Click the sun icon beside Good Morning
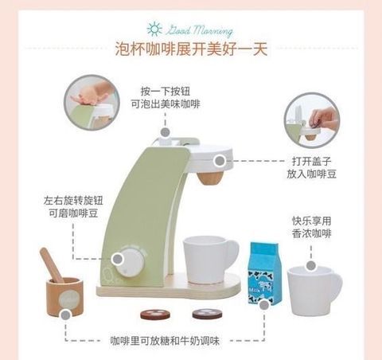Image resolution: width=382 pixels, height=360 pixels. [x=154, y=29]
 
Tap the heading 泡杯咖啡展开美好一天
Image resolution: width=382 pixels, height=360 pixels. [x=191, y=49]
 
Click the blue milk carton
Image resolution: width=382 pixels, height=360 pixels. [x=264, y=272]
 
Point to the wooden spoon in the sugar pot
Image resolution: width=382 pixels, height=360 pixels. [x=51, y=264]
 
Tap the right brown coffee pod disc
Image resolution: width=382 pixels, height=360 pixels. [x=207, y=314]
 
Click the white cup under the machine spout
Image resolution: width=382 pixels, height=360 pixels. [x=210, y=260]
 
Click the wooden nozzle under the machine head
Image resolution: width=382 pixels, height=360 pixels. [x=209, y=178]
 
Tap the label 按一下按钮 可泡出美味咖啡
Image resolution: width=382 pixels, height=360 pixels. [x=166, y=98]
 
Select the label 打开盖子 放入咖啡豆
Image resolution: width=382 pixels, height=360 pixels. [x=312, y=168]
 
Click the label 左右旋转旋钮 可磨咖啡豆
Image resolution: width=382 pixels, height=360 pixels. [x=73, y=207]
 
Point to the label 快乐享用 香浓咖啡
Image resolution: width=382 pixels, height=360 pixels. [x=312, y=227]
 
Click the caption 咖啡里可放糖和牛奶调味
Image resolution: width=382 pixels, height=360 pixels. [x=165, y=341]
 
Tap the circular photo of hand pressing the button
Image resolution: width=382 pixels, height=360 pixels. [x=92, y=103]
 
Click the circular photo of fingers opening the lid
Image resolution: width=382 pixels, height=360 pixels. [x=312, y=120]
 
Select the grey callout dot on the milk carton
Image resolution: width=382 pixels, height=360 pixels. [x=264, y=305]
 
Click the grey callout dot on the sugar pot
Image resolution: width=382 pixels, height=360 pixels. [x=65, y=315]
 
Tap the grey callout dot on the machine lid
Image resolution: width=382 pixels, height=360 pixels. [x=220, y=161]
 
